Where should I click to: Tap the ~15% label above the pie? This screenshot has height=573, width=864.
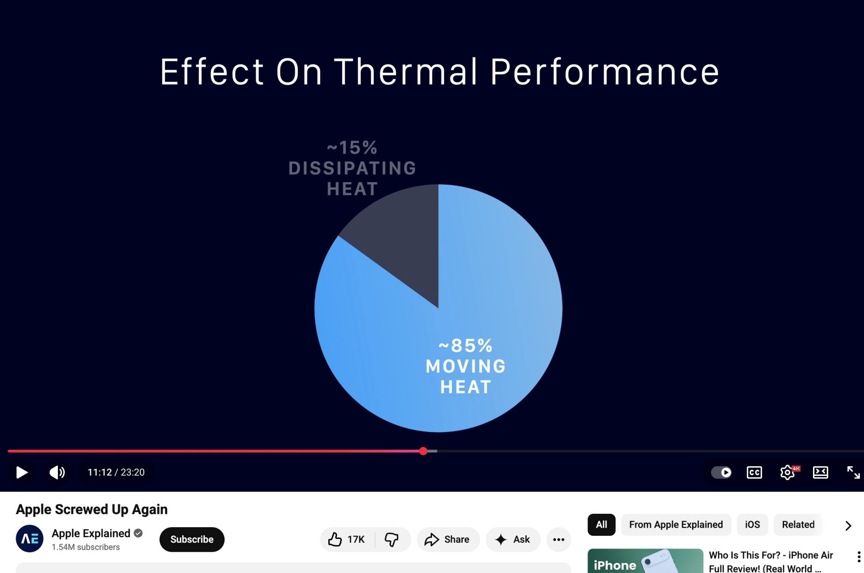(352, 148)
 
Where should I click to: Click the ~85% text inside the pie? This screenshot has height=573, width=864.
(465, 345)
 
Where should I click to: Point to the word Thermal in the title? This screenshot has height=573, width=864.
(406, 72)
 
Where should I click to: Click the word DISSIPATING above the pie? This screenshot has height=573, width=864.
(352, 168)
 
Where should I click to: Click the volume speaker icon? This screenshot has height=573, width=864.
(57, 472)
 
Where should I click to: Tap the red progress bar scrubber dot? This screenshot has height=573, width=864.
(423, 451)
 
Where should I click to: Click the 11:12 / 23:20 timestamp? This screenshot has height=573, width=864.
(116, 472)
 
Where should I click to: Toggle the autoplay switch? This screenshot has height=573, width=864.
(721, 472)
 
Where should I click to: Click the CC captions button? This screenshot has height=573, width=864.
(754, 472)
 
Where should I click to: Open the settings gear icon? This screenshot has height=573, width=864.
(788, 472)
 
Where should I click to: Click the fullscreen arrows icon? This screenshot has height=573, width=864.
(853, 472)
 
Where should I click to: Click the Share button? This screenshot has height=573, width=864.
(448, 539)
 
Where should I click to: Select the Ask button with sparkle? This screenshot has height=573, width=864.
(513, 539)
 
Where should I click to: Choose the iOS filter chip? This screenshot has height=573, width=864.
(752, 525)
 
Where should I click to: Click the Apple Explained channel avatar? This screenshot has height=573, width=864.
(30, 538)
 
